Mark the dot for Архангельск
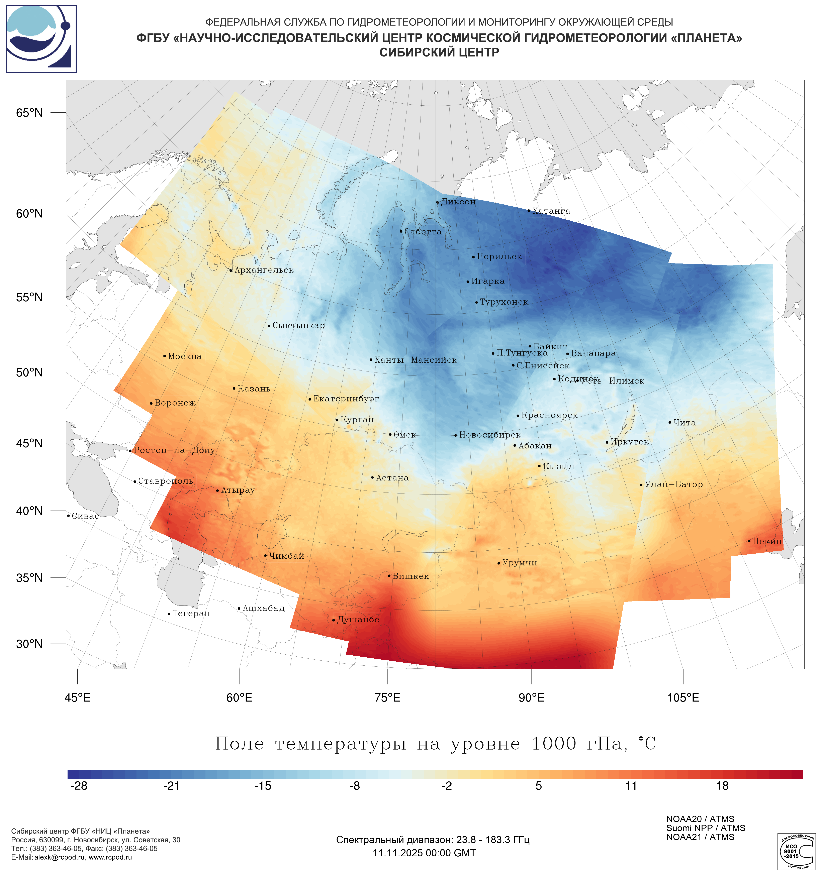point(231,270)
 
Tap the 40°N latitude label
point(29,511)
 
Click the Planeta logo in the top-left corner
point(41,39)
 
